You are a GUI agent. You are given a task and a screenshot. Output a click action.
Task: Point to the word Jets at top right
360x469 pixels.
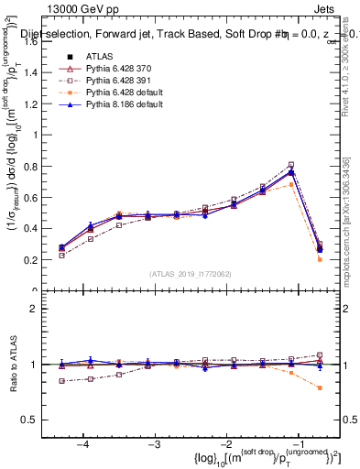tap(326, 7)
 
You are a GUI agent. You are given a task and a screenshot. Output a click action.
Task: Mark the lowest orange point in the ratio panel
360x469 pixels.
tap(320, 387)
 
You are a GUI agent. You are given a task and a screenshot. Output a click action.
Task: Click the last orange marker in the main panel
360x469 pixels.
tap(320, 259)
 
